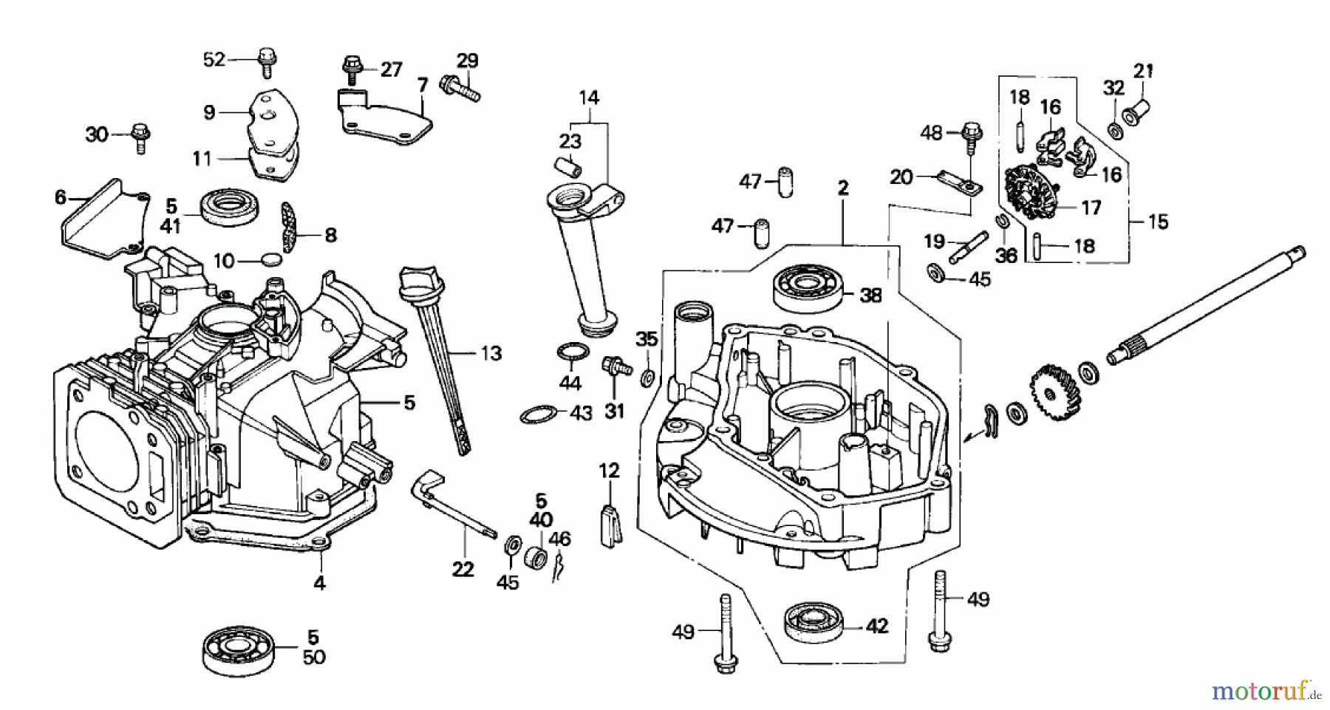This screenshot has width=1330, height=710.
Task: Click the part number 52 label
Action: [214, 59]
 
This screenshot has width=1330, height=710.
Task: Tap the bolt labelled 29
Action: [459, 87]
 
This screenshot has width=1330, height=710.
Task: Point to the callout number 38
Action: [871, 296]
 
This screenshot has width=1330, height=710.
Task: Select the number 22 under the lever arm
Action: [463, 570]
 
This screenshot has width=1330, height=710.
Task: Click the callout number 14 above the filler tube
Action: [589, 98]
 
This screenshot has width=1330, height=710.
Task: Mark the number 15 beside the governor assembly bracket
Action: [1158, 221]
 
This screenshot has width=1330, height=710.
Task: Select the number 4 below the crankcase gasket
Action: [318, 583]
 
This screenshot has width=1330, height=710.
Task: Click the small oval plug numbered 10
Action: [271, 260]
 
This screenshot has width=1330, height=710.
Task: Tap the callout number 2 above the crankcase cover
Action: [843, 188]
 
